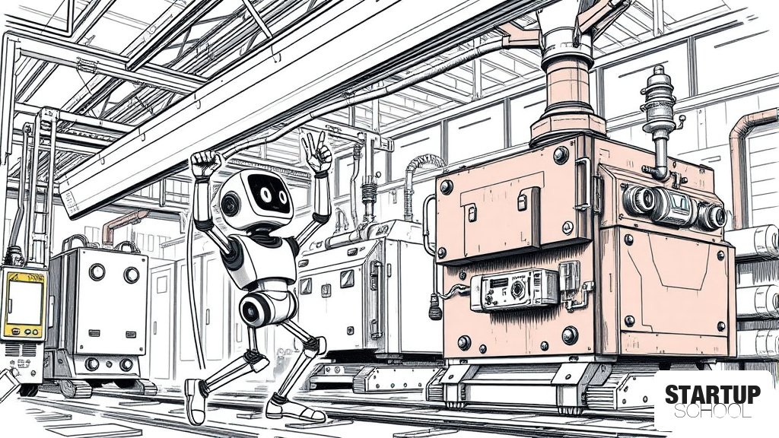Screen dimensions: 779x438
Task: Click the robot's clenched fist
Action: pos(205,163)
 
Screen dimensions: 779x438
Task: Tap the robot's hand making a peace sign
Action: pos(317,151)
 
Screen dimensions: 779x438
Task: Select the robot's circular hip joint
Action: pos(255,309)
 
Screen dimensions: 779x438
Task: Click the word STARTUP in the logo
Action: pos(713,395)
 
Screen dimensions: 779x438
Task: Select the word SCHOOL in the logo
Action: pos(713,411)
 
